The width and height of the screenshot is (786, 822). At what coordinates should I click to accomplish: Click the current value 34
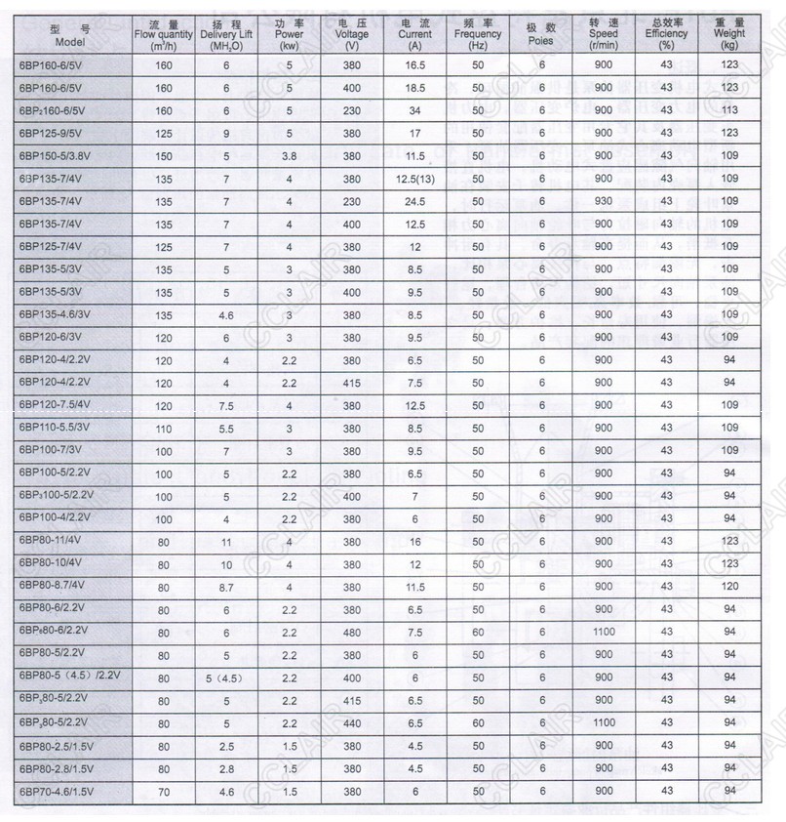[415, 110]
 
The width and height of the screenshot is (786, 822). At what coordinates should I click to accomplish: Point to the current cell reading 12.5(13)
[415, 179]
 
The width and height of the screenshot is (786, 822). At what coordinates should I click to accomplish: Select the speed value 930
[604, 201]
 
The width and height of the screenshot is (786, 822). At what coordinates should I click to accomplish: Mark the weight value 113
[728, 110]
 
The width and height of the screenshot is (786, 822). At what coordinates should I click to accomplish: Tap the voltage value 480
[352, 633]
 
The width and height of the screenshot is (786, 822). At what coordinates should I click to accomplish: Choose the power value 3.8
[289, 156]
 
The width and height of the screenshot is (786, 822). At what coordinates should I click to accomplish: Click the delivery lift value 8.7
[225, 587]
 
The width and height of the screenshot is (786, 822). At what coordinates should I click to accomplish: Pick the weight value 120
[728, 587]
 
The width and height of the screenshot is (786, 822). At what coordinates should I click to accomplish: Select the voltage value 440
[352, 723]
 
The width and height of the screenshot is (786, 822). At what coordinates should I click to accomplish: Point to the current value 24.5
[415, 201]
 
